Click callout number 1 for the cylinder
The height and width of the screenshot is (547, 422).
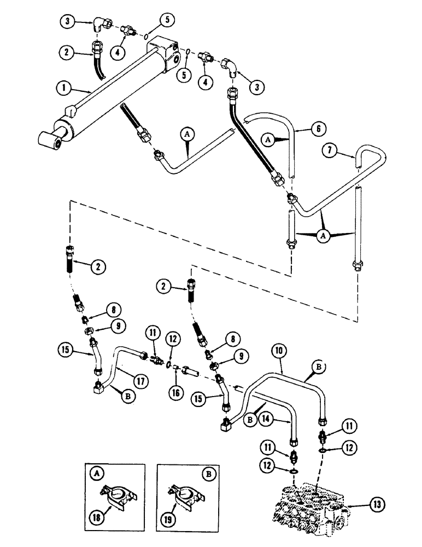(x=66, y=86)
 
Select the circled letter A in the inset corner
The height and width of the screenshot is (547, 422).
(x=93, y=472)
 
